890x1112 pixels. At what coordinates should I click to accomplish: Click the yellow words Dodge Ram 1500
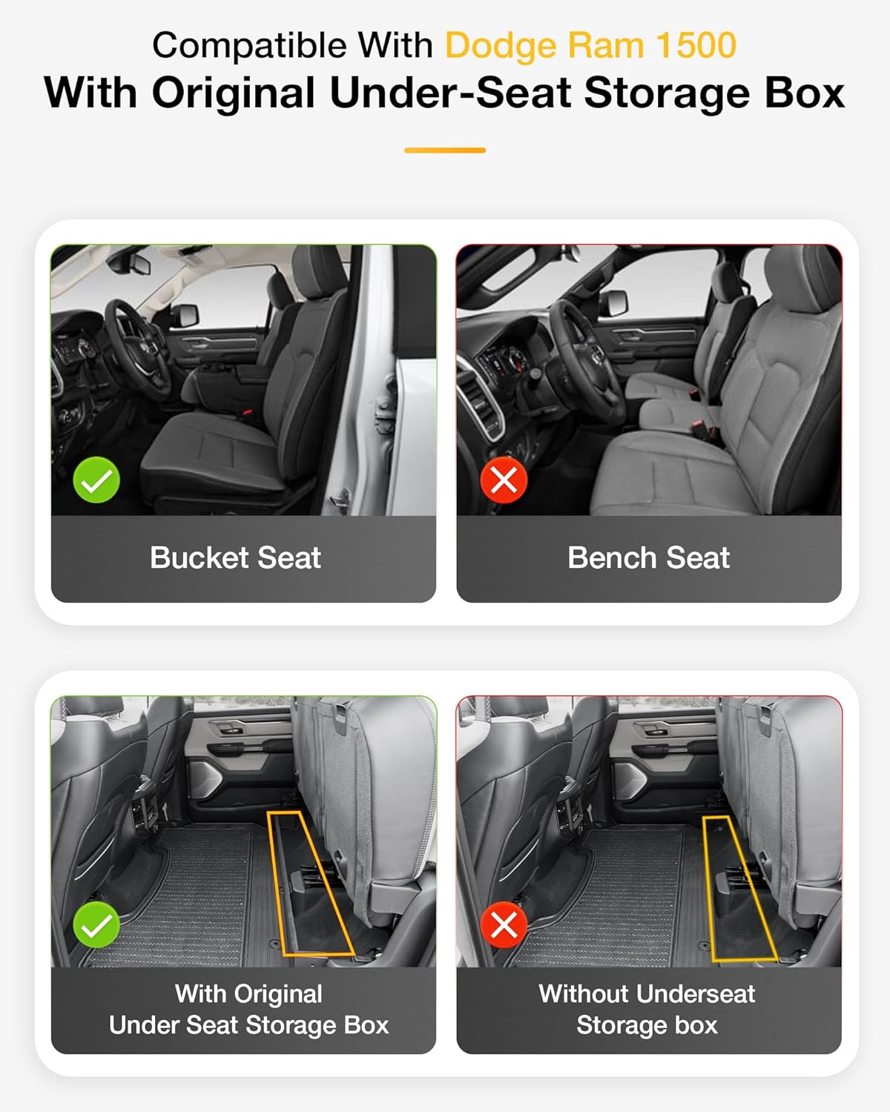[590, 46]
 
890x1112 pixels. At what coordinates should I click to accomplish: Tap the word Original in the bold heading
[233, 93]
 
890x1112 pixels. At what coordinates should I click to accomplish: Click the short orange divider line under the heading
[444, 150]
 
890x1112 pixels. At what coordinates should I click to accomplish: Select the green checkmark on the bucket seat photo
[96, 480]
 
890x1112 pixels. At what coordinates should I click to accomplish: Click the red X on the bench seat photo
[504, 480]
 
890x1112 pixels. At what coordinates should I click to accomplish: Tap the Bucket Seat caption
[235, 558]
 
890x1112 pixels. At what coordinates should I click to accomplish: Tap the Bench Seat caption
[648, 558]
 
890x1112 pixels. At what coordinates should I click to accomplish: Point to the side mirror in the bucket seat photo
[185, 315]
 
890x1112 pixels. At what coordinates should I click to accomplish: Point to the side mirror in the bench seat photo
[613, 302]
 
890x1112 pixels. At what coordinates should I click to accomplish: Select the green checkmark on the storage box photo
[96, 924]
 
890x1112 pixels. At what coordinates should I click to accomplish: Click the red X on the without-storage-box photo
[504, 924]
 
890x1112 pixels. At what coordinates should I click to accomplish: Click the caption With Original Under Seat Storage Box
[248, 1010]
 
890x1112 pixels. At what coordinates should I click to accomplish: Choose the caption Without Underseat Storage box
[647, 1010]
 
